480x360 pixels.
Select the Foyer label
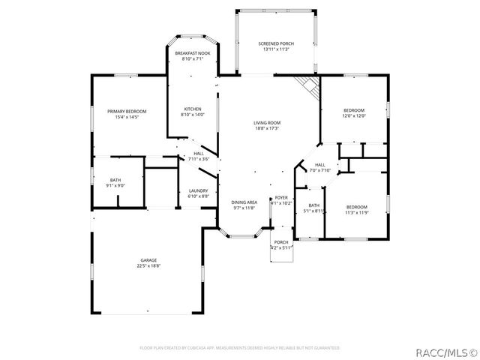pyautogui.click(x=280, y=197)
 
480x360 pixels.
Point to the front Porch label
pyautogui.click(x=281, y=241)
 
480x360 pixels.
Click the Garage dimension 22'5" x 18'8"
pyautogui.click(x=147, y=266)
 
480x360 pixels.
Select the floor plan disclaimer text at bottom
pyautogui.click(x=240, y=348)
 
